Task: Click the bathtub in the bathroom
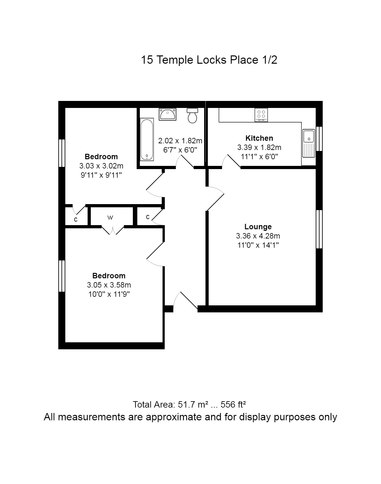coord(147,139)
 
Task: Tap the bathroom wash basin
coord(168,114)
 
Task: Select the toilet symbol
coord(192,116)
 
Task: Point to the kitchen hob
coord(261,115)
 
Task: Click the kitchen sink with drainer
coord(309,143)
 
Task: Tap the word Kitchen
coord(259,138)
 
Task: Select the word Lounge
coord(258,227)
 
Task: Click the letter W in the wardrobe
coord(110,217)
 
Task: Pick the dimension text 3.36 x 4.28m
coord(258,236)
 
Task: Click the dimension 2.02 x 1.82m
coord(180,141)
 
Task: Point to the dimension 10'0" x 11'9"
coord(109,294)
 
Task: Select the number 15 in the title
coord(147,60)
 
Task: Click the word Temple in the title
coord(175,60)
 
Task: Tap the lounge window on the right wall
coord(319,229)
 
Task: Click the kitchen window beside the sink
coord(319,139)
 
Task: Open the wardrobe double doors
coord(113,230)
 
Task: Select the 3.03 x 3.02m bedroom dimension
coord(101,166)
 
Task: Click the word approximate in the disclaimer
coord(175,417)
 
